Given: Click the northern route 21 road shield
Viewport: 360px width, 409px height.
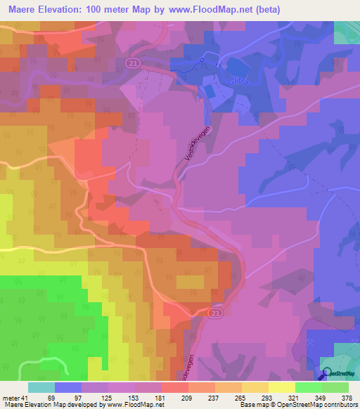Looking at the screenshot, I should (x=133, y=63).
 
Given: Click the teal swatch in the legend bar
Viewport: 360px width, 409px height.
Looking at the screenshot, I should (x=41, y=387).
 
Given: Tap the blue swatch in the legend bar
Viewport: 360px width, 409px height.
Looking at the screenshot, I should (x=68, y=387).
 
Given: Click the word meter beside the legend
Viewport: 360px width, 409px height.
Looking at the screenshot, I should (x=9, y=397).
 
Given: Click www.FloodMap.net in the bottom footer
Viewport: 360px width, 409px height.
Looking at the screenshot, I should (x=134, y=405).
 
